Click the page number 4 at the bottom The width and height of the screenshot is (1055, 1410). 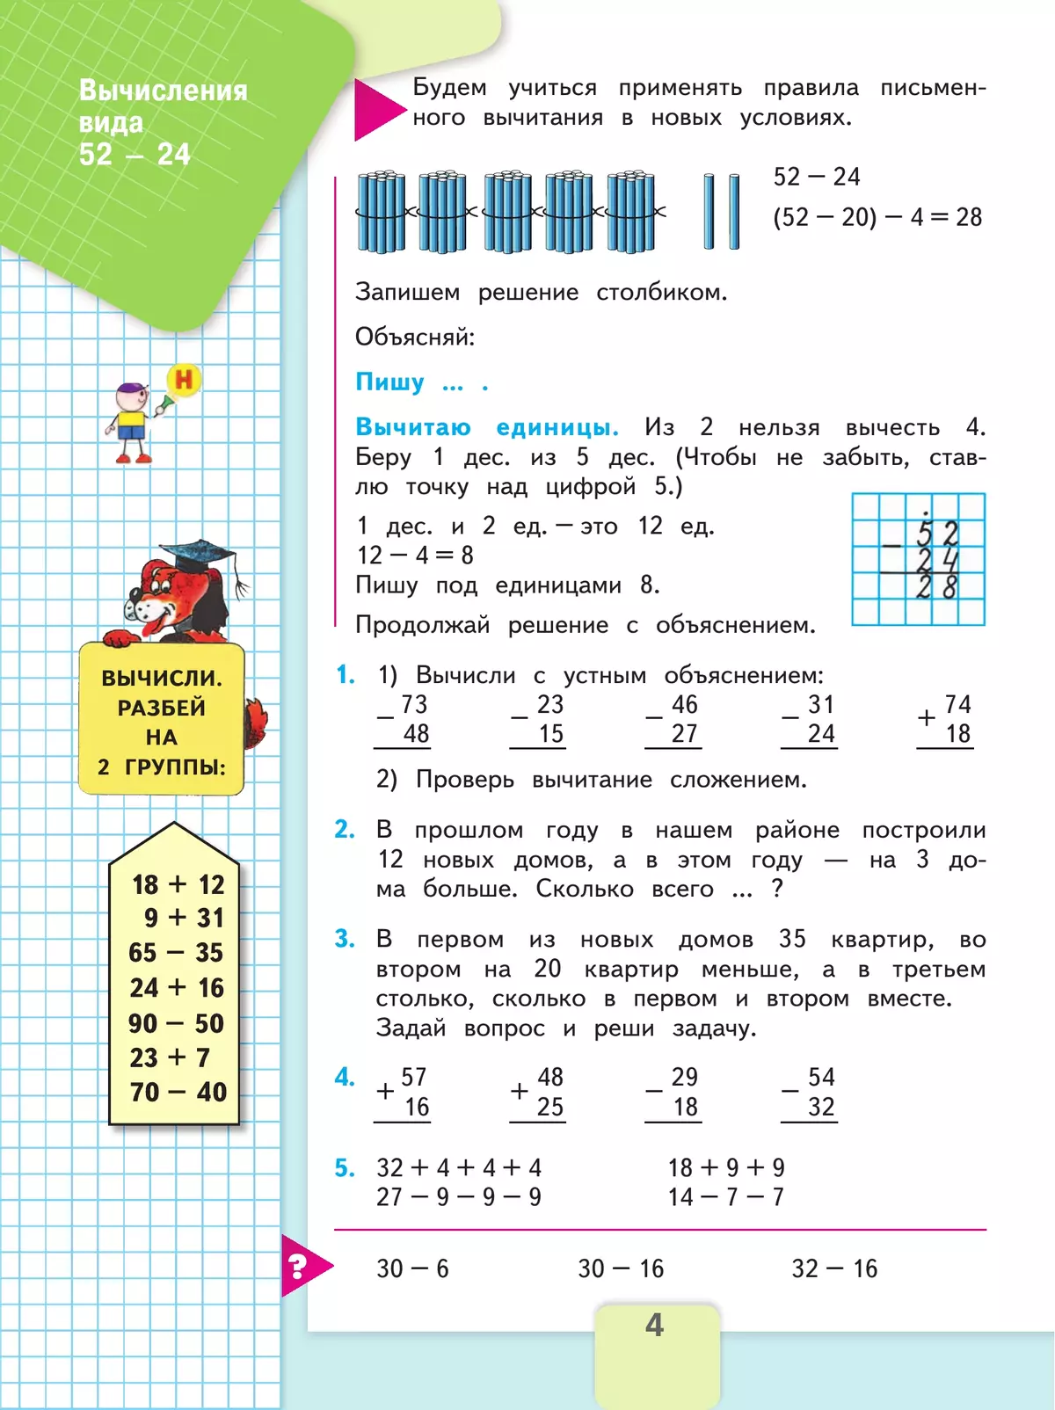(x=654, y=1325)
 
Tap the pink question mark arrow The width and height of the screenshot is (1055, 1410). (x=302, y=1266)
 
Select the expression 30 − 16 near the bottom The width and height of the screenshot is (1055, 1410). (x=621, y=1268)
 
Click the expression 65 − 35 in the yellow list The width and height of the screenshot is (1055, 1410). (x=176, y=953)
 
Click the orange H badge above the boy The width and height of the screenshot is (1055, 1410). (x=184, y=380)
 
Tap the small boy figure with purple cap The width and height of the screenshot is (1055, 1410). (x=132, y=422)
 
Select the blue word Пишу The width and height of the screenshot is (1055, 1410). (x=389, y=382)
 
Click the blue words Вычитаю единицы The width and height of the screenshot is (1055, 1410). (x=486, y=428)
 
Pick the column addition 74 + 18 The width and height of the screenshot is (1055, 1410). (x=946, y=720)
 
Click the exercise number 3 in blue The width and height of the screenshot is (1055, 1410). (x=345, y=940)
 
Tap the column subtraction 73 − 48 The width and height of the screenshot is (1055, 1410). (x=404, y=720)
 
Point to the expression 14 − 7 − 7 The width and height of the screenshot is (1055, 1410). (x=725, y=1197)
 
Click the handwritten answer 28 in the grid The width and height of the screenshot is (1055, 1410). (x=935, y=587)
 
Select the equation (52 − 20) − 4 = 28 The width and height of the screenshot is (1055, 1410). (x=877, y=217)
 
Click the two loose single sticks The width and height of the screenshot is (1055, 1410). (x=722, y=212)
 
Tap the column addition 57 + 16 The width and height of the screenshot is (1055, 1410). (x=404, y=1093)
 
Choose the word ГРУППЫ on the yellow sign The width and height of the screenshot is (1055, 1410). (x=175, y=767)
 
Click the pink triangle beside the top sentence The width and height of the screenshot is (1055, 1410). (x=376, y=109)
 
